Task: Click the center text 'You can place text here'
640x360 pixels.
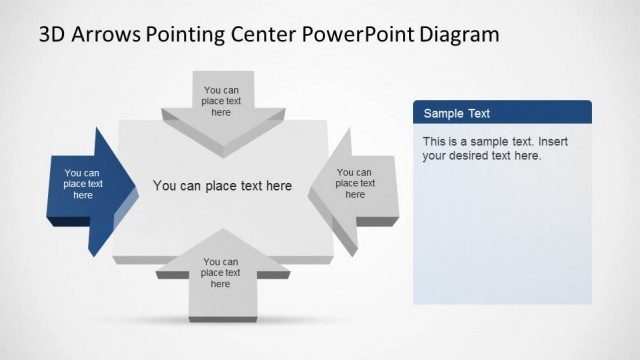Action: coord(222,185)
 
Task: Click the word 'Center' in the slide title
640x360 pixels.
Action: coord(253,36)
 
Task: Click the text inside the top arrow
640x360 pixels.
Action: coord(222,100)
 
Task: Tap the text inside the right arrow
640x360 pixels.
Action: coord(355,183)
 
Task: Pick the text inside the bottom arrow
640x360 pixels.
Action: coord(221,273)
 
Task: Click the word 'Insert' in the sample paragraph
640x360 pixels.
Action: coord(550,141)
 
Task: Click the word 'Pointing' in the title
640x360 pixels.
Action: coord(179,36)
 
